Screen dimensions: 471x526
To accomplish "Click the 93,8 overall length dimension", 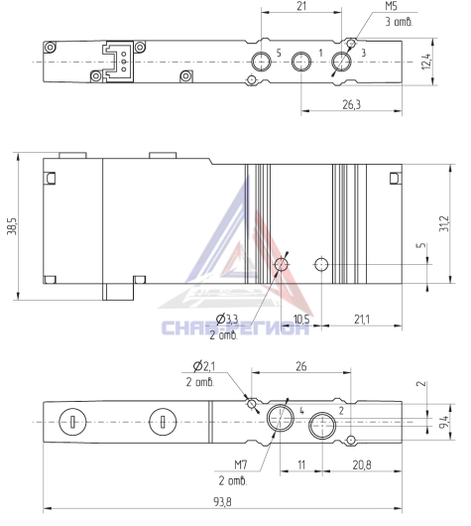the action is [x=222, y=502].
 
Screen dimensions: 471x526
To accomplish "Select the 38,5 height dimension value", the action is [x=12, y=225].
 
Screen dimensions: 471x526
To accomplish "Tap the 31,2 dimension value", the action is [x=444, y=223].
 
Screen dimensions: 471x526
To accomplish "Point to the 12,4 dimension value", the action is [x=426, y=62].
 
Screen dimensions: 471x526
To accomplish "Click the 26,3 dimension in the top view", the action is [x=352, y=104].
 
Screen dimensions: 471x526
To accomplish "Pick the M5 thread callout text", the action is [x=391, y=6].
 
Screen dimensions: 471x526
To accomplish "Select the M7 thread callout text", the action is [x=241, y=464].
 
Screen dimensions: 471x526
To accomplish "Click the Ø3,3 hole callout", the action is [x=227, y=319].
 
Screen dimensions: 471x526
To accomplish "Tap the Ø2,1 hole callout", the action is [x=204, y=366].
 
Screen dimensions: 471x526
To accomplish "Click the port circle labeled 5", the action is [x=261, y=62].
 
